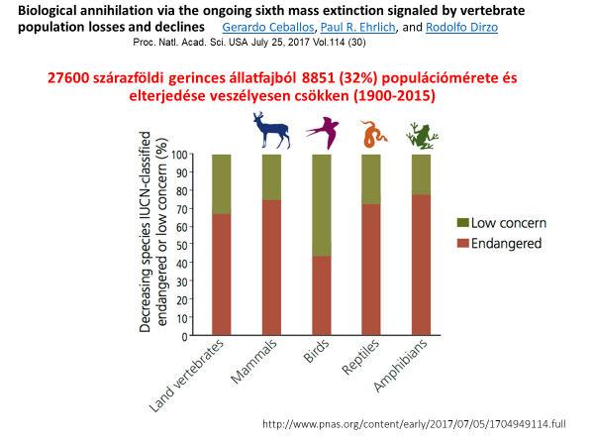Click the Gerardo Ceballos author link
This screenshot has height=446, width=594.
(268, 28)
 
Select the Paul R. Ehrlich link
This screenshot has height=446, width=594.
(358, 28)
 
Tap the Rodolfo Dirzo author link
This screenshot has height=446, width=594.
(461, 28)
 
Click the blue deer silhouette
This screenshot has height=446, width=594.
(271, 130)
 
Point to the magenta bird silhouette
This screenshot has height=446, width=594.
(323, 133)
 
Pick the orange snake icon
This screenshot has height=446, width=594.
(373, 134)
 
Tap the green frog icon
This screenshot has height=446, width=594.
(422, 136)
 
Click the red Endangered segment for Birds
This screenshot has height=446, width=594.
(321, 295)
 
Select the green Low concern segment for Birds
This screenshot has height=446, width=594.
(321, 205)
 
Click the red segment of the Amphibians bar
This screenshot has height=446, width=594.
(421, 265)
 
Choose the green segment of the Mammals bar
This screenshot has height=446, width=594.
(271, 177)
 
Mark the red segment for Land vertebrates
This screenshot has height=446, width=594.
(221, 275)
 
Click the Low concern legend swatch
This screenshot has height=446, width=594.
(463, 223)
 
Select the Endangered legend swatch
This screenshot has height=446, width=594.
(463, 243)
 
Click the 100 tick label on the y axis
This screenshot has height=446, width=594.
(179, 155)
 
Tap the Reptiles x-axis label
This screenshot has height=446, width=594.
(360, 357)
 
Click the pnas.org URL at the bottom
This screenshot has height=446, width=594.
(414, 423)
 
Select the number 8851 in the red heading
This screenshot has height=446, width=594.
(318, 77)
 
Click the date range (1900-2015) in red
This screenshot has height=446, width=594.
(394, 95)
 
